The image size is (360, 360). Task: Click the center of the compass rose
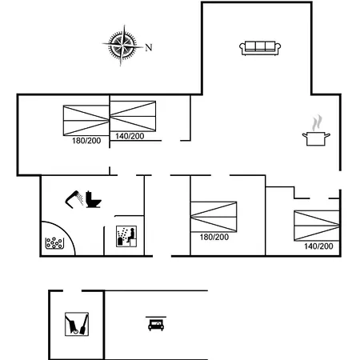[x=122, y=45]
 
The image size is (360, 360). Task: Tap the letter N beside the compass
[x=149, y=47]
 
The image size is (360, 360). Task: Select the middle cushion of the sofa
[x=260, y=46]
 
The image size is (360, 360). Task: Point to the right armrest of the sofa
[x=278, y=48]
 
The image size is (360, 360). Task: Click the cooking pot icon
[x=316, y=138]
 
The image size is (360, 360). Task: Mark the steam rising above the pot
[x=317, y=122]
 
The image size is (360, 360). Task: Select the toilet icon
[x=93, y=199]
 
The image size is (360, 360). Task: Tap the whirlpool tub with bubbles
[x=54, y=243]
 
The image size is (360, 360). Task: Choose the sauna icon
[x=126, y=236]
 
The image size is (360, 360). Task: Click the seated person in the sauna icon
[x=131, y=235]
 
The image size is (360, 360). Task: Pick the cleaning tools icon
[x=77, y=324]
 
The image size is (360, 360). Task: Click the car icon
[x=156, y=325]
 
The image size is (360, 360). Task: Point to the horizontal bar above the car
[x=156, y=317]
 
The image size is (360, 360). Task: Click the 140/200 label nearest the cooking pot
[x=318, y=246]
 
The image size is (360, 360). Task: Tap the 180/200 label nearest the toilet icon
[x=86, y=141]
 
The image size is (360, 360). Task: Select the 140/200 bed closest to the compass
[x=133, y=116]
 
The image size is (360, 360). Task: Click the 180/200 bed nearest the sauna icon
[x=214, y=217]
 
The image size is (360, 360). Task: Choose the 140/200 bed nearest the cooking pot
[x=317, y=226]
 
